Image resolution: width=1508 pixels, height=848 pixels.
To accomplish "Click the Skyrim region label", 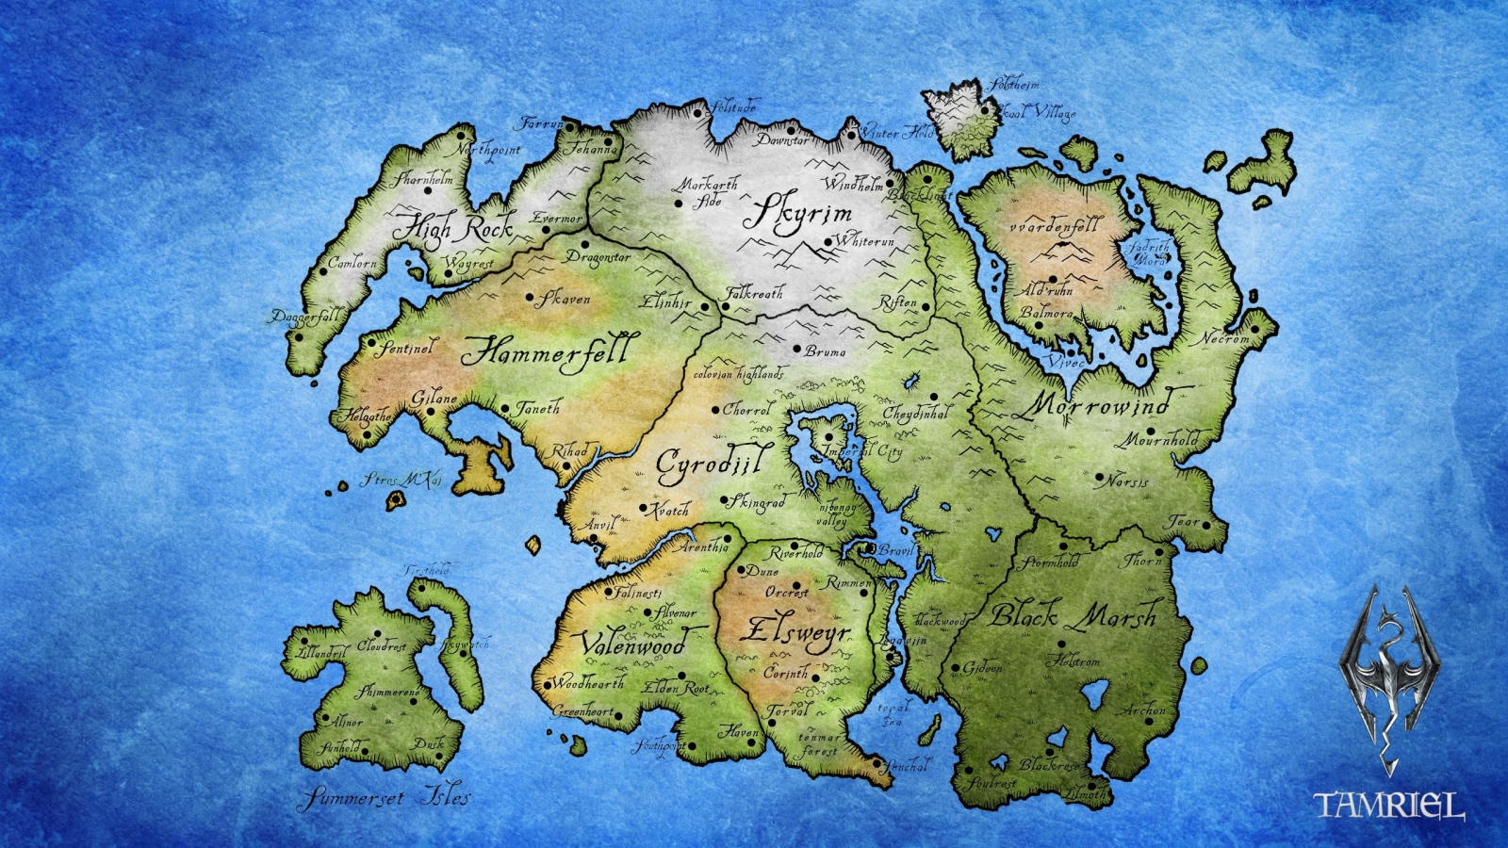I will click(x=801, y=214).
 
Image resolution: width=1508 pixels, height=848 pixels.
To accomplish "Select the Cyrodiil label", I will click(x=713, y=463).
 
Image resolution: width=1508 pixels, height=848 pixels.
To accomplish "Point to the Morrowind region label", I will click(x=1096, y=406).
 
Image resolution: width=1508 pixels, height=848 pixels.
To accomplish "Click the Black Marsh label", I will click(x=1073, y=617).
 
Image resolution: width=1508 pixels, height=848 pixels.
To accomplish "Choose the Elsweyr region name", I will click(x=795, y=632).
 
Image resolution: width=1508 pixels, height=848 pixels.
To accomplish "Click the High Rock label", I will click(x=453, y=227).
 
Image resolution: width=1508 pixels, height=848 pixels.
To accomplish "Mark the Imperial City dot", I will click(x=828, y=436).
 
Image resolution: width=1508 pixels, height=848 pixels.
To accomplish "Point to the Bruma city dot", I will click(x=796, y=350).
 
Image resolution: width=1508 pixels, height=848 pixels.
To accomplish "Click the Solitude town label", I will click(x=734, y=106).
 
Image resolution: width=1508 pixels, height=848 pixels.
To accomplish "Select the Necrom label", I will click(x=1225, y=337).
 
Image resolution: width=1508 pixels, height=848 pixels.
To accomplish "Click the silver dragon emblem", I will click(x=1389, y=674).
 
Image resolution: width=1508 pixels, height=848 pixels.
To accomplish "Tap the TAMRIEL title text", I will click(x=1389, y=806).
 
